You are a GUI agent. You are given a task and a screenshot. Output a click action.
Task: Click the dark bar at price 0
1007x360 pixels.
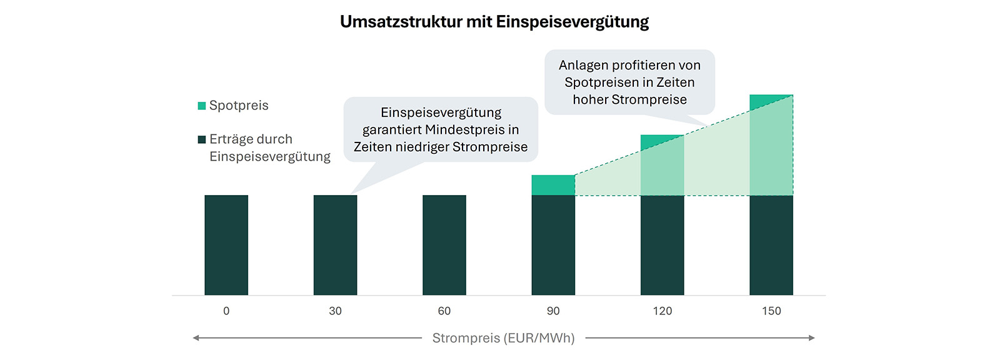(x=226, y=245)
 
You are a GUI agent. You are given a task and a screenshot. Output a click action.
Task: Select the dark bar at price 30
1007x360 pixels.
(x=335, y=245)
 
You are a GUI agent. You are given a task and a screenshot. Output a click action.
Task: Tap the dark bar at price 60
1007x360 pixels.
(x=444, y=245)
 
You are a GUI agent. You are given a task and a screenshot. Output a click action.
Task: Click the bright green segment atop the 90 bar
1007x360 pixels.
(x=553, y=185)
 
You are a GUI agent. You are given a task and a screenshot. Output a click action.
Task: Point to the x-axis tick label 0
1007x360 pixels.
(x=226, y=311)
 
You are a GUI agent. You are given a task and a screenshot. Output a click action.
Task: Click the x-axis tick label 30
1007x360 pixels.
(x=335, y=311)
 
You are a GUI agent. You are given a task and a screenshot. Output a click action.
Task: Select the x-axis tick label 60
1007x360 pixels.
(x=444, y=311)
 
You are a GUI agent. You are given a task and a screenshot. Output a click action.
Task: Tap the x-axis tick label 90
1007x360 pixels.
(x=553, y=311)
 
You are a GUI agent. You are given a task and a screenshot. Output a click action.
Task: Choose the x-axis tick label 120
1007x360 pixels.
(x=662, y=311)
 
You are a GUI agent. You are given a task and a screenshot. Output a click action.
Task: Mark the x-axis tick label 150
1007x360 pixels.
(x=771, y=311)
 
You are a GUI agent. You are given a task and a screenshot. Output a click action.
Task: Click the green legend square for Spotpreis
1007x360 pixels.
(x=202, y=106)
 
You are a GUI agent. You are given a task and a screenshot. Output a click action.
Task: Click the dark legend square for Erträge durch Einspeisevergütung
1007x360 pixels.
(x=202, y=139)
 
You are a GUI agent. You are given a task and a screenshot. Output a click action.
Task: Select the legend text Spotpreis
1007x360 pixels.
(x=239, y=106)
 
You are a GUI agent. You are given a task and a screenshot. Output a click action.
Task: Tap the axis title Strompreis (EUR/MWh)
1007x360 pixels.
(x=503, y=338)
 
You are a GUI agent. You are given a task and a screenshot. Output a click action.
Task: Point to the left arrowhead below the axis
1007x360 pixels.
(x=196, y=338)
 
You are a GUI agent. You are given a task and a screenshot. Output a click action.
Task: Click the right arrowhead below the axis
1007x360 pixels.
(x=811, y=338)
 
